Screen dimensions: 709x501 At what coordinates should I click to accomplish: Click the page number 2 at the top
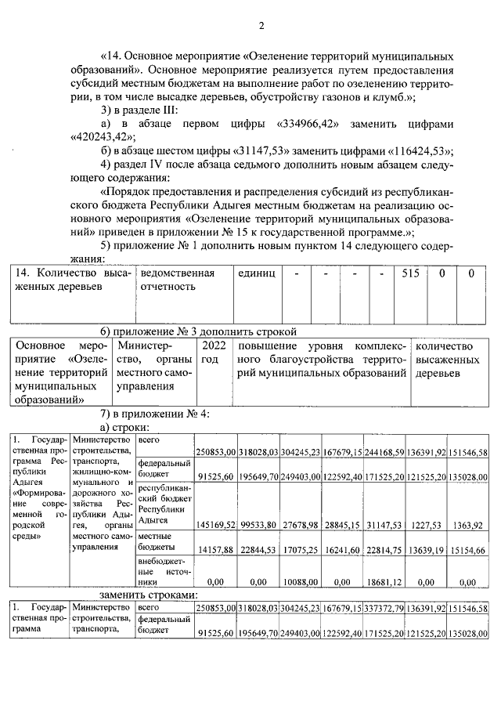coord(261,26)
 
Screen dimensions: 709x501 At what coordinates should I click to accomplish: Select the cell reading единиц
coord(258,273)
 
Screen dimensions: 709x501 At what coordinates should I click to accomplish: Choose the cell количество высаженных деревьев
coord(447,359)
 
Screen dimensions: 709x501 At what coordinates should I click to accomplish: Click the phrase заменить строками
coord(148,595)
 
